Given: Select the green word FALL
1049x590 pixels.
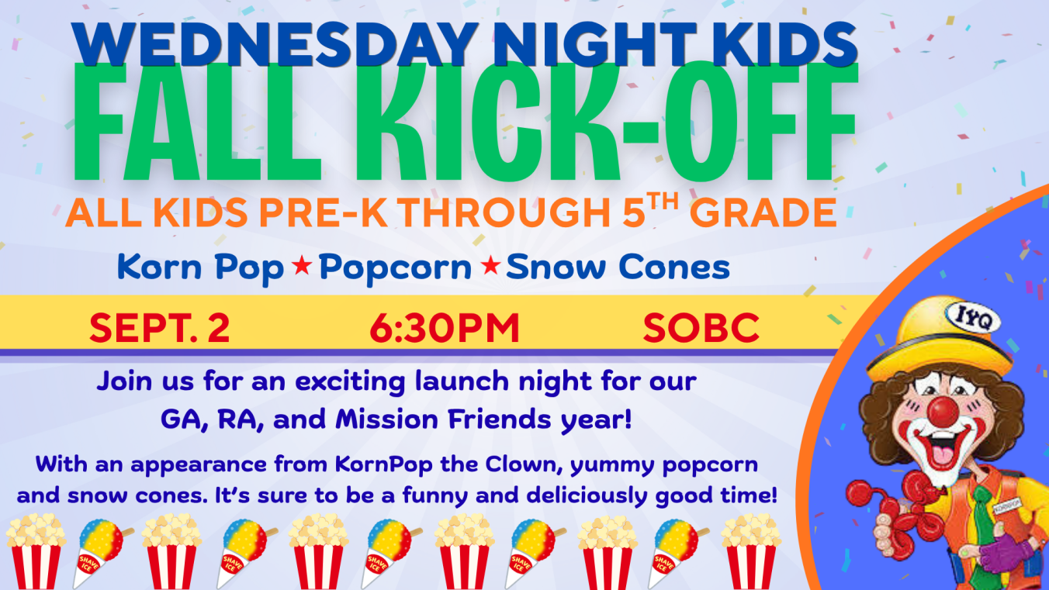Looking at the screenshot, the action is coord(198,122).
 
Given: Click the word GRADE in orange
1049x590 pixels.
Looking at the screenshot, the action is coord(763,213).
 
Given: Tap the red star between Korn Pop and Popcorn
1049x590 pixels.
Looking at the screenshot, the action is coord(302,266).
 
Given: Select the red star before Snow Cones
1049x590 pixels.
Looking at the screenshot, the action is coord(491,265).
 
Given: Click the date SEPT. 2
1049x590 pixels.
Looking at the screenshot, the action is coord(160,328).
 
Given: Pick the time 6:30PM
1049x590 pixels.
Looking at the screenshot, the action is coord(445,328).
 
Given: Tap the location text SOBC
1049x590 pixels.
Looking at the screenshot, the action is coord(701,328).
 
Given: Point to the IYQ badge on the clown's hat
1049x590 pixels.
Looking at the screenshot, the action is coord(973,318).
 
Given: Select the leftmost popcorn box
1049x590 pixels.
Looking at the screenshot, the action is coord(36,551).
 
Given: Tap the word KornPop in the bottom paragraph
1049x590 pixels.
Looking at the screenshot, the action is coord(383,465).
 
